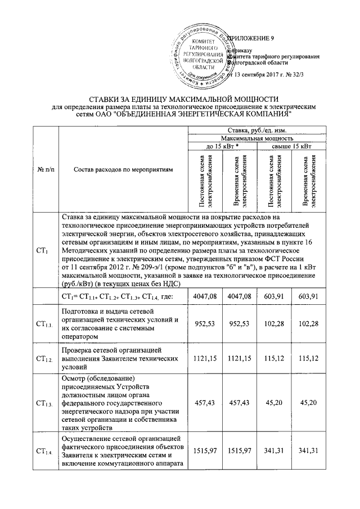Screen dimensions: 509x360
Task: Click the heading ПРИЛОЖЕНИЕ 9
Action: [251, 38]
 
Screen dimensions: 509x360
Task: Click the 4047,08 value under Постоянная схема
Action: [204, 296]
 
